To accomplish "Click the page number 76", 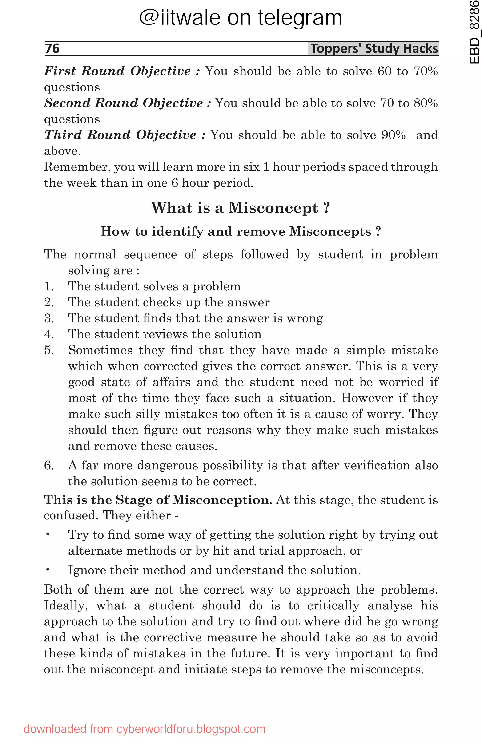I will (x=52, y=48).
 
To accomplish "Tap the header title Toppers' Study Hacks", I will (x=374, y=49).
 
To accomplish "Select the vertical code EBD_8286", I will (x=474, y=32).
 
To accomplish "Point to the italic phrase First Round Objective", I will (x=117, y=71).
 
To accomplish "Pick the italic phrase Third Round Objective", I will (x=120, y=135).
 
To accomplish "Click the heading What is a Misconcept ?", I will (x=240, y=208).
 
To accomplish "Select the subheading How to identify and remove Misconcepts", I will (x=240, y=232).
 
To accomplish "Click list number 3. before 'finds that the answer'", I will (x=49, y=318).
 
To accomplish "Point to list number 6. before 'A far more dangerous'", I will (x=49, y=465).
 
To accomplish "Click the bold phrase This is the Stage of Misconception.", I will (x=158, y=500).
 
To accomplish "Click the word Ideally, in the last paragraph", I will (x=66, y=605).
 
